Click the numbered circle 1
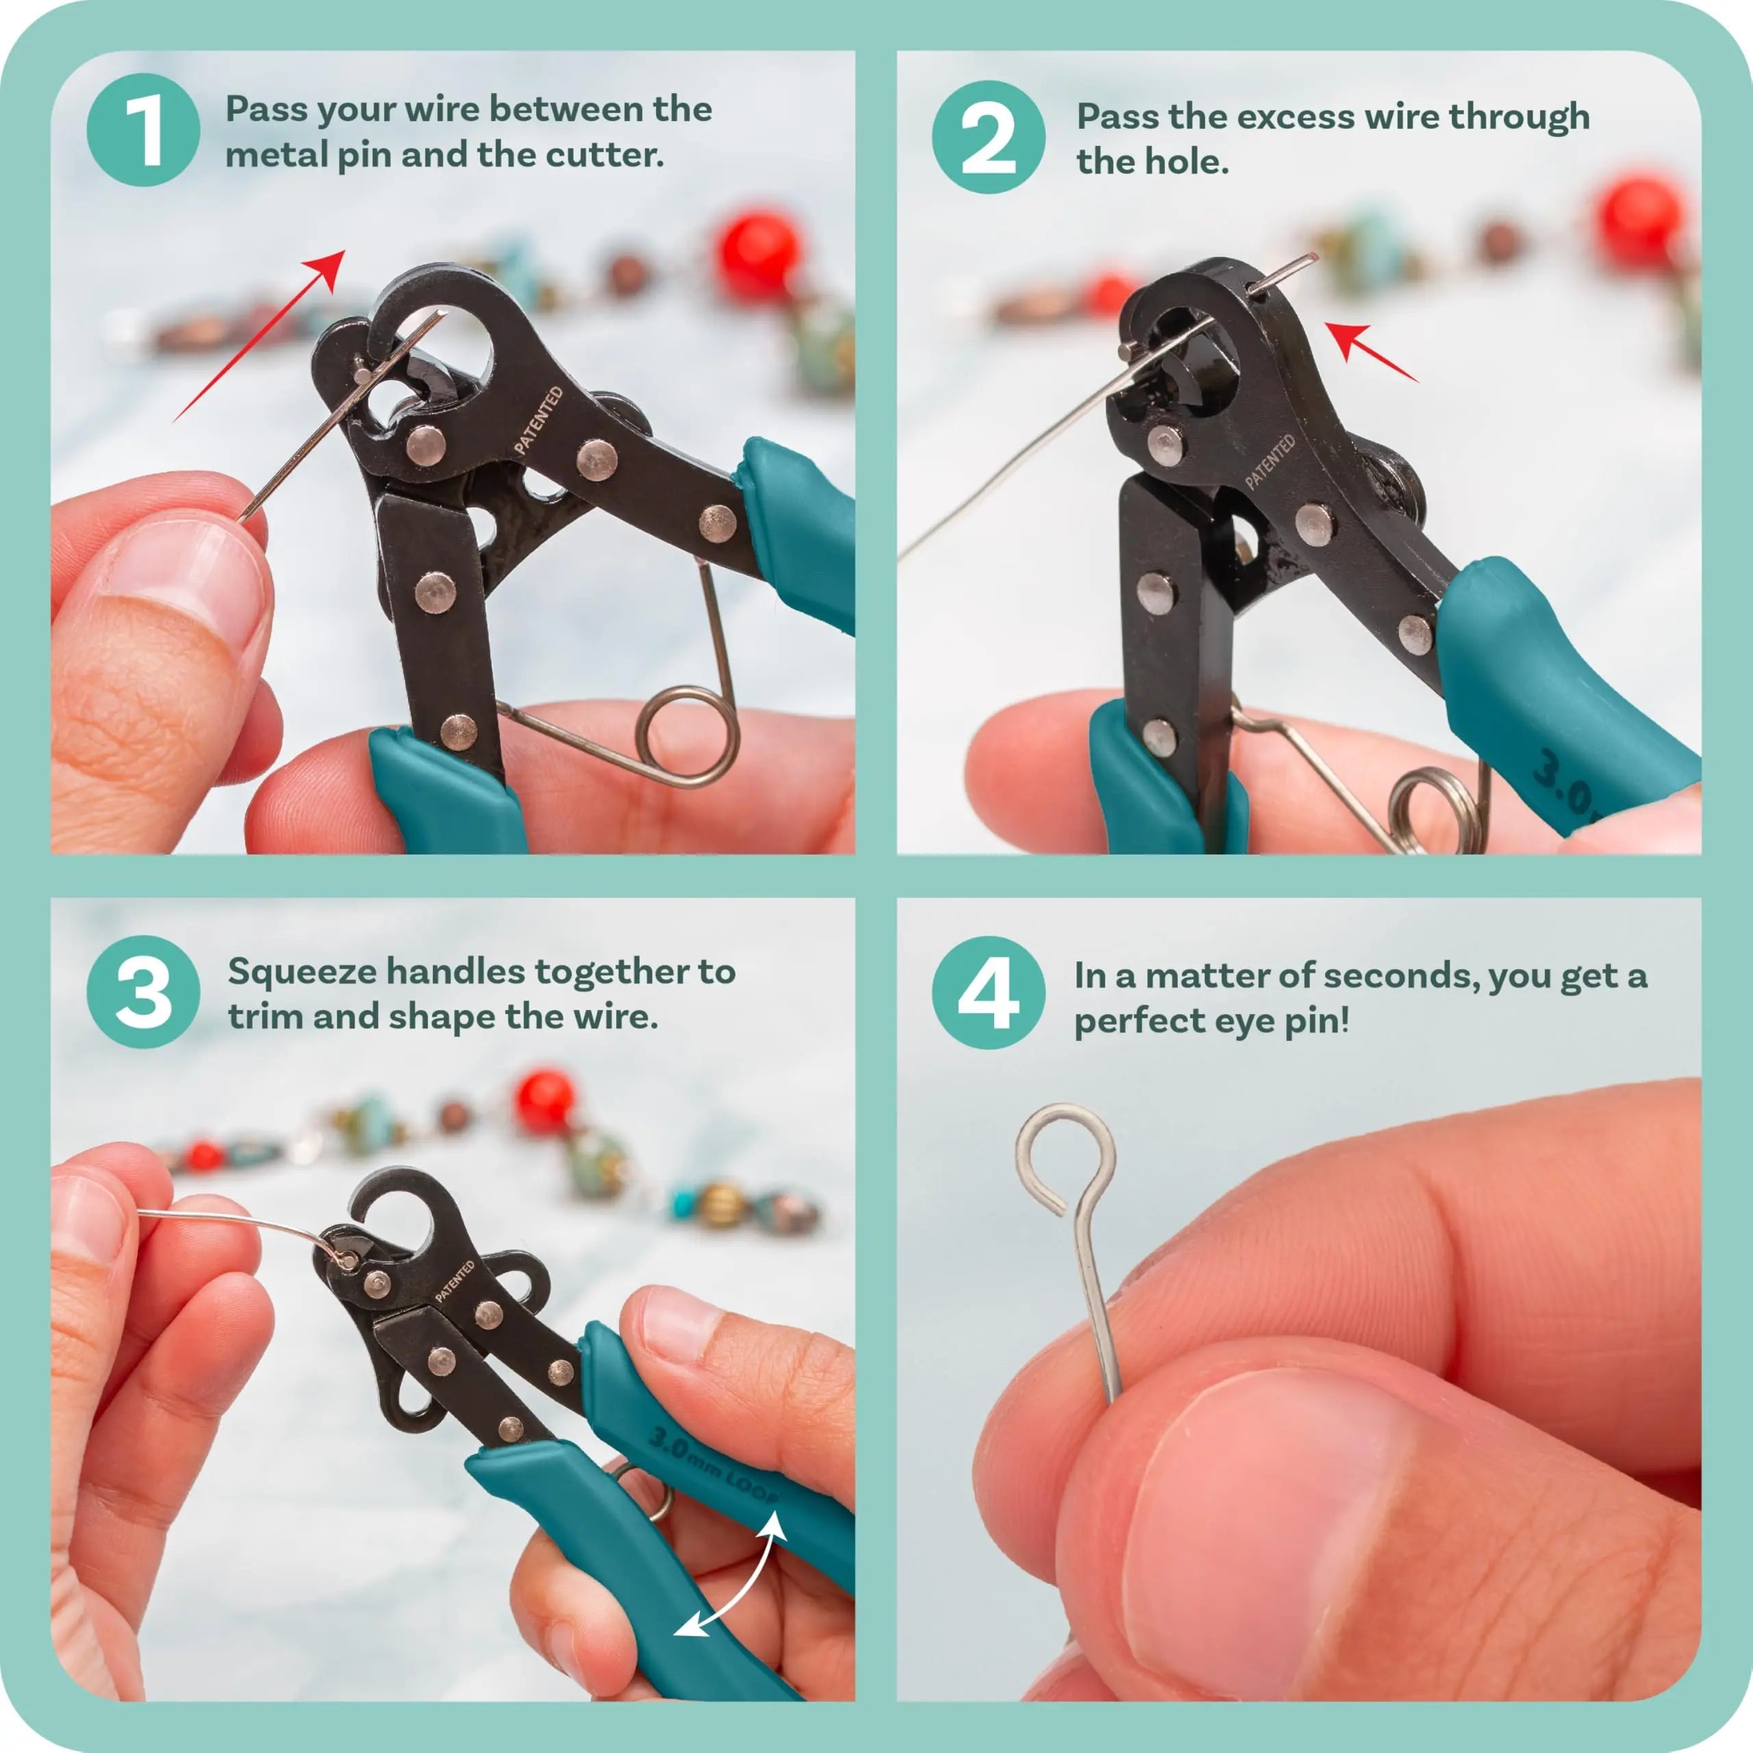click(142, 131)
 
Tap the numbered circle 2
click(988, 136)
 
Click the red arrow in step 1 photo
click(263, 332)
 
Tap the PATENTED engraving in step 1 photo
click(539, 420)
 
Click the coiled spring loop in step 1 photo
click(688, 737)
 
